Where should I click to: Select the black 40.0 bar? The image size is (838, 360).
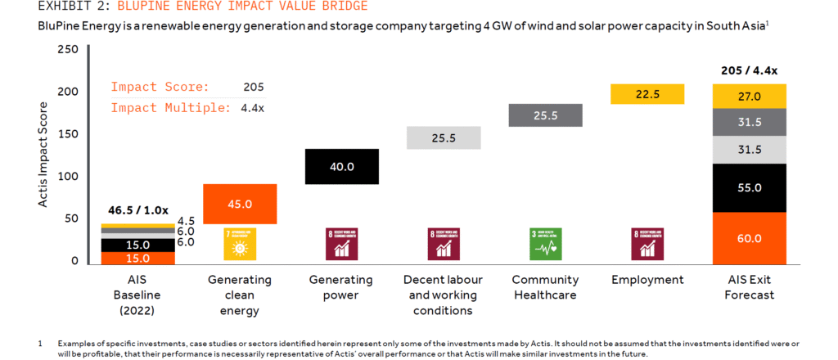341,166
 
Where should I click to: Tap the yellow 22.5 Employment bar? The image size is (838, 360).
647,94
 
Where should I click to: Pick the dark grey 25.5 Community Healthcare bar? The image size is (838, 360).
546,115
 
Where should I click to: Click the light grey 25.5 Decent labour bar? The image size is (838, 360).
444,137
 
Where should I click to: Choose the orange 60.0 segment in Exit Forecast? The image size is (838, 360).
749,238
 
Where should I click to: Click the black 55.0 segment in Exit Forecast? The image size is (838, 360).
749,187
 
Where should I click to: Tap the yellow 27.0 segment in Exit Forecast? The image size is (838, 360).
749,96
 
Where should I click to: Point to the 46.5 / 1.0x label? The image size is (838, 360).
137,212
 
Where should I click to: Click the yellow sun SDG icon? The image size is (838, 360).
240,243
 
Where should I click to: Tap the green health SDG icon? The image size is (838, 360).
546,243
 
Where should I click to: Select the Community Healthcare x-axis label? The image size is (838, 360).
546,287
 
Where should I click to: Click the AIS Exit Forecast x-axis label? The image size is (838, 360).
749,287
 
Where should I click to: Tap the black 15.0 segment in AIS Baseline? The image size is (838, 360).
126,245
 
